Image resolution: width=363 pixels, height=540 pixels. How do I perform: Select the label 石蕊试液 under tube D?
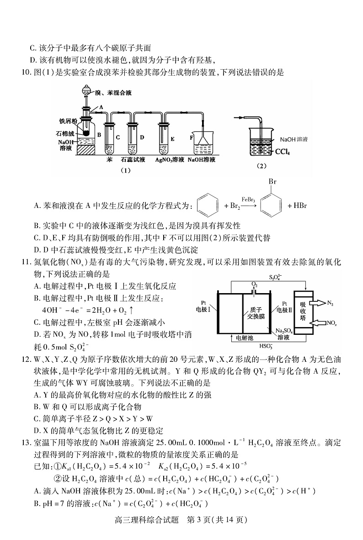pyautogui.click(x=133, y=160)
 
